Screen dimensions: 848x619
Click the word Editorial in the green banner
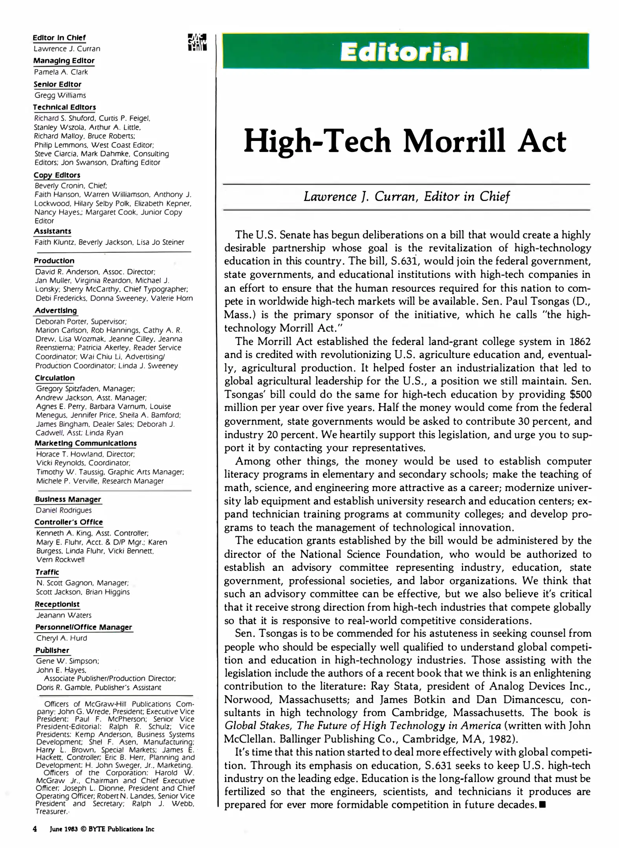click(x=405, y=52)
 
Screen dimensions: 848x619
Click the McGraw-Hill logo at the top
click(x=197, y=42)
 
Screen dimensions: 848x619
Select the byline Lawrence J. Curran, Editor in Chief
click(x=406, y=196)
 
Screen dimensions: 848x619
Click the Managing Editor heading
click(x=64, y=61)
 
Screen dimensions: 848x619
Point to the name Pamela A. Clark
click(x=61, y=72)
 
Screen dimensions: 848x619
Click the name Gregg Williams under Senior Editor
click(x=60, y=95)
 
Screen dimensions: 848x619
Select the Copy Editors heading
click(x=57, y=175)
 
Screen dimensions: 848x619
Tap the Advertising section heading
click(x=56, y=311)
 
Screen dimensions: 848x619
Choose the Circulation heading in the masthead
click(x=55, y=378)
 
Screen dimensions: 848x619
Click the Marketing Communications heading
click(x=86, y=443)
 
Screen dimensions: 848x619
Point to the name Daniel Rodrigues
click(x=64, y=510)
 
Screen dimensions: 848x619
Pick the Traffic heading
click(x=48, y=572)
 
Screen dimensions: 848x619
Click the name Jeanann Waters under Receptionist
click(x=64, y=615)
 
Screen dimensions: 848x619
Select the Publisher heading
click(x=52, y=650)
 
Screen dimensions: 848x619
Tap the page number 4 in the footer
click(x=35, y=829)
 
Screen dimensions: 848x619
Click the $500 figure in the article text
click(x=580, y=395)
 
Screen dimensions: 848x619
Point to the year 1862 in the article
click(x=580, y=342)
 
